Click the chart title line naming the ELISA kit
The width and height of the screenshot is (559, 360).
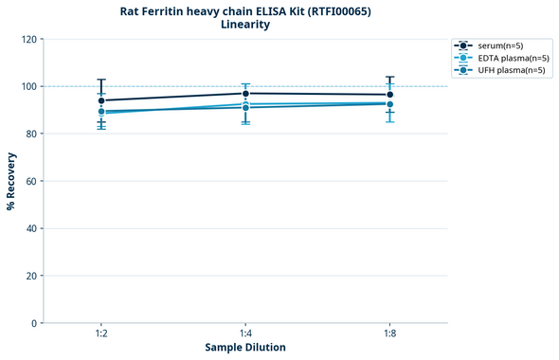[x=244, y=11]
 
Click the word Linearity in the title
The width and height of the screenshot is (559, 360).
[x=244, y=25]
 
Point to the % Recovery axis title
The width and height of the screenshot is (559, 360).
[x=11, y=180]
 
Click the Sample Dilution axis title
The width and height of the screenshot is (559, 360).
[x=245, y=347]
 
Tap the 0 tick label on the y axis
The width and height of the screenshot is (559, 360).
[x=34, y=323]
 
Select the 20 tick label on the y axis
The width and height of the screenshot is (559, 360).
[x=31, y=276]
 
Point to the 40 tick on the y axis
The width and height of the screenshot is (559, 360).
[x=31, y=228]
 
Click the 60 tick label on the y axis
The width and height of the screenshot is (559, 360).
[x=31, y=181]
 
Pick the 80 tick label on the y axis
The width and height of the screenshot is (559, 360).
[x=31, y=134]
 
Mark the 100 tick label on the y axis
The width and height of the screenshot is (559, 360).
[x=28, y=86]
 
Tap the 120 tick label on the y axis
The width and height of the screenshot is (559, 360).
[x=28, y=39]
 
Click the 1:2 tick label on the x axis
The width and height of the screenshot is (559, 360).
[x=101, y=333]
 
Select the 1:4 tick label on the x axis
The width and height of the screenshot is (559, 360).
[x=245, y=333]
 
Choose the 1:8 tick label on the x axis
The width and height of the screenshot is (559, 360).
[x=389, y=333]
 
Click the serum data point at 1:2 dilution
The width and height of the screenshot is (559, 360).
[x=101, y=100]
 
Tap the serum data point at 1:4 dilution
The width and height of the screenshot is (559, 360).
[x=245, y=93]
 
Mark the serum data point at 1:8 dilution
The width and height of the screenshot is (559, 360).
[x=389, y=95]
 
